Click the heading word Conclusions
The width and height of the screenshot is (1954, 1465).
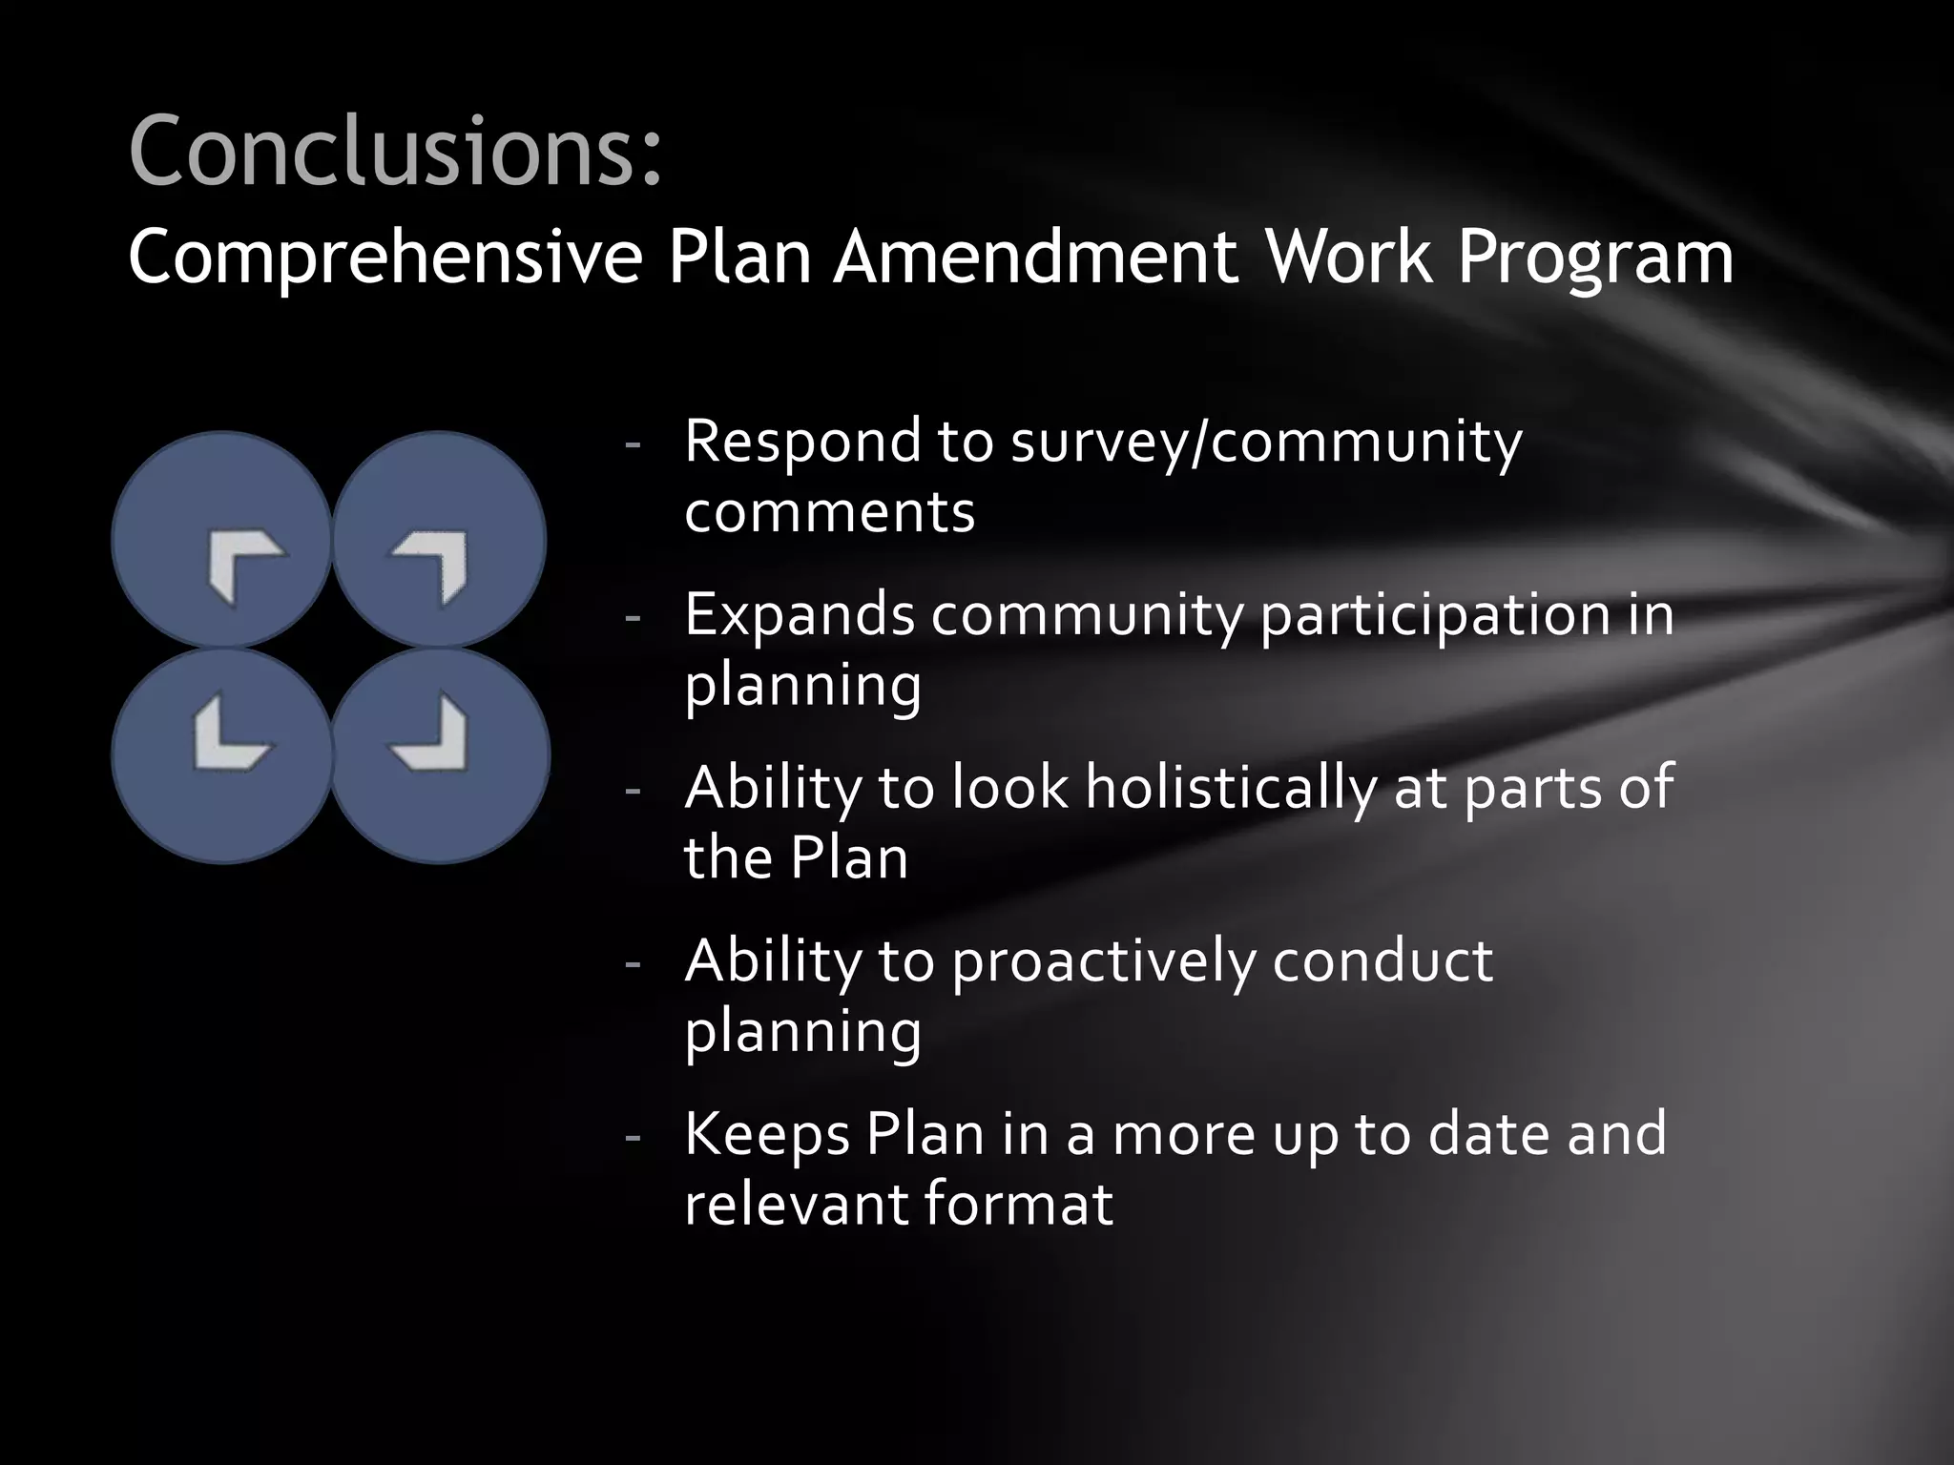pyautogui.click(x=394, y=151)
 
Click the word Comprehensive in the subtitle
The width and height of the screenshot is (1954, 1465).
pyautogui.click(x=385, y=258)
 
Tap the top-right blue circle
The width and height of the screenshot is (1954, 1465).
pyautogui.click(x=439, y=540)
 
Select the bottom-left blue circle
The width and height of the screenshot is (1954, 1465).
pyautogui.click(x=221, y=755)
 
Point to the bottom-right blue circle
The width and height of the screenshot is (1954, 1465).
pyautogui.click(x=441, y=755)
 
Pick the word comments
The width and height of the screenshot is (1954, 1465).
pyautogui.click(x=829, y=512)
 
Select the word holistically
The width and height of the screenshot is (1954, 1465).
pyautogui.click(x=1231, y=788)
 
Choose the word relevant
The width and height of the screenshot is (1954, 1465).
pyautogui.click(x=795, y=1204)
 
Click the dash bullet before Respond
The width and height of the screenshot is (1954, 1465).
pyautogui.click(x=631, y=445)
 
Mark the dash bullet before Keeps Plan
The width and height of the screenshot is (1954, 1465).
pyautogui.click(x=631, y=1136)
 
